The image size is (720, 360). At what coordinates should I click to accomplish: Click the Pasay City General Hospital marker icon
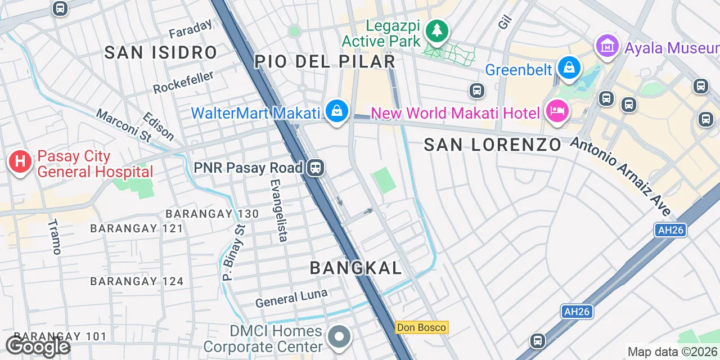[x=20, y=162]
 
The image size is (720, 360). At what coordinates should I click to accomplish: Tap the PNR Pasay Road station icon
[x=316, y=168]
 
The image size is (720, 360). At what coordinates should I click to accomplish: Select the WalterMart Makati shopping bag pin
[x=336, y=111]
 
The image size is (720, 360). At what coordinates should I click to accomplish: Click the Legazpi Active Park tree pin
[x=436, y=31]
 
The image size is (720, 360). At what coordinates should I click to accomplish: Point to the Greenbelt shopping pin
[x=569, y=67]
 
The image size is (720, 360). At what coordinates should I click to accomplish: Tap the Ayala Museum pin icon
[x=607, y=46]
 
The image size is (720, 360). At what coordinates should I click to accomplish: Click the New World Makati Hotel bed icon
[x=557, y=111]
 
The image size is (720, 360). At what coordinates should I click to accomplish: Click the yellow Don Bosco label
[x=421, y=327]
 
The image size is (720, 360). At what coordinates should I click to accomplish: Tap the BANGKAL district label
[x=356, y=268]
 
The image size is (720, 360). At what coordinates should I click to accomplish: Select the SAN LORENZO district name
[x=492, y=145]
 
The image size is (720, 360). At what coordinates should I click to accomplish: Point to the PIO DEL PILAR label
[x=325, y=61]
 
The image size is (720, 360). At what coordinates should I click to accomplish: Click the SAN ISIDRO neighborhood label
[x=161, y=53]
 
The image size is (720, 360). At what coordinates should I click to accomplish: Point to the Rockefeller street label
[x=184, y=82]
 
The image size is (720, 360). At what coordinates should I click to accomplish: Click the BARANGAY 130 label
[x=212, y=214]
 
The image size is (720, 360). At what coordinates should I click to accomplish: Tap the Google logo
[x=38, y=346]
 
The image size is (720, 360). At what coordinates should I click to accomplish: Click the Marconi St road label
[x=124, y=125]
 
